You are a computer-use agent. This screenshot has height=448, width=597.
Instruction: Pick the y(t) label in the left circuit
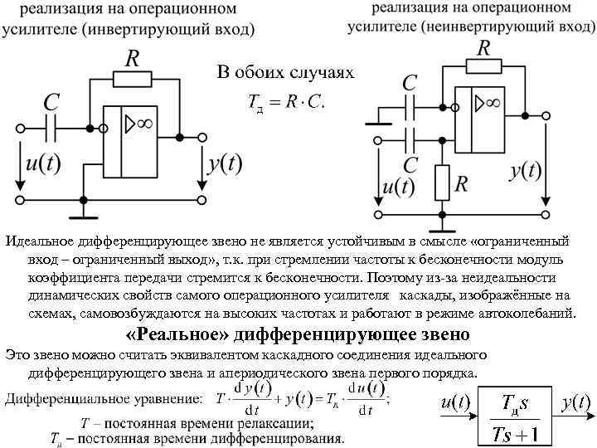pos(224,163)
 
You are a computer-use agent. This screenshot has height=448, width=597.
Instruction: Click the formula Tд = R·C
pos(286,105)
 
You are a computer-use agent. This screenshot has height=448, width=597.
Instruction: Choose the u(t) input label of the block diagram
pos(455,402)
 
